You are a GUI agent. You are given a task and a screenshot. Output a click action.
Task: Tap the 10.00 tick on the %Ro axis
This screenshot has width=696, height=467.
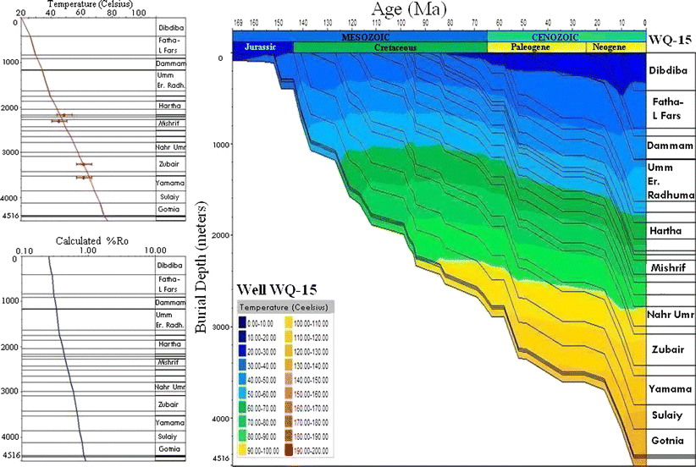click(153, 250)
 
